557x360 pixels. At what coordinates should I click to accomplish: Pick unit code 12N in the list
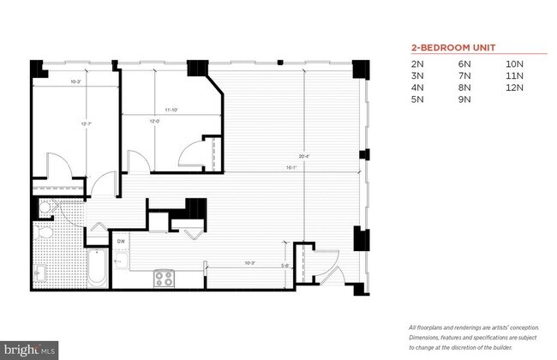[514, 87]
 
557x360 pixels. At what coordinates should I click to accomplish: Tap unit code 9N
[466, 99]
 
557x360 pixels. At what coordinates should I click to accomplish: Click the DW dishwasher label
[122, 243]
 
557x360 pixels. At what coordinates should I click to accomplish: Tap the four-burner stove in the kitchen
[165, 277]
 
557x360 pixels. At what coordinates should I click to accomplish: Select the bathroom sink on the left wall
[39, 273]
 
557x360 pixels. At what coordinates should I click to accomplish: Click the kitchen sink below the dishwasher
[121, 259]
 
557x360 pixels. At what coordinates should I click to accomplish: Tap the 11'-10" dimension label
[171, 110]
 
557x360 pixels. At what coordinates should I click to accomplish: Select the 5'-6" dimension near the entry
[285, 266]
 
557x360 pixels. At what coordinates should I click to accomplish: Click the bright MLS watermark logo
[30, 350]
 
